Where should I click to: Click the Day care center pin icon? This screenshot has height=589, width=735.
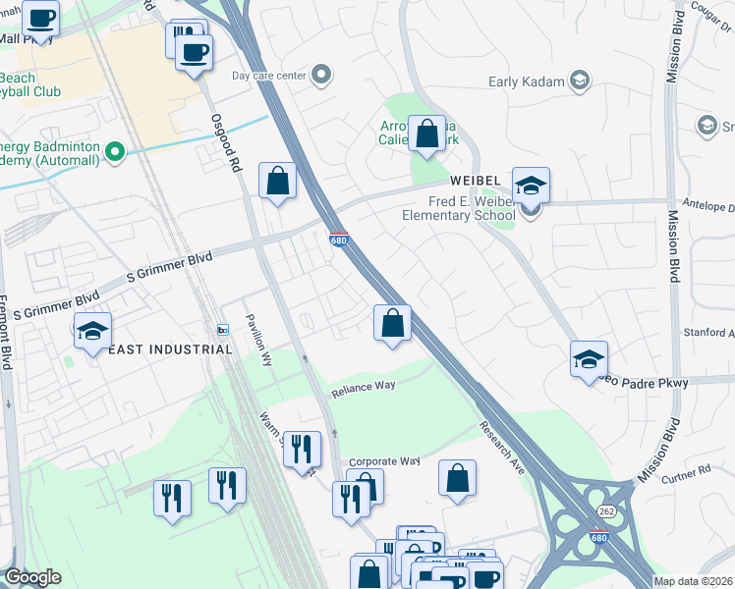320,75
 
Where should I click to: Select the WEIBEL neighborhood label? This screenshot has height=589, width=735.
478,182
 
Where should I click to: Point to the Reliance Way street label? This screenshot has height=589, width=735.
363,386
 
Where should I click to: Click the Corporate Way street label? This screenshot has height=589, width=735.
384,460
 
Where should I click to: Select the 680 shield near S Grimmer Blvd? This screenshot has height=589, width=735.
337,239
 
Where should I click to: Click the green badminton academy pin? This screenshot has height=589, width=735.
115,151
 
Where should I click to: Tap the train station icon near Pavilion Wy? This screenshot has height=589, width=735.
223,330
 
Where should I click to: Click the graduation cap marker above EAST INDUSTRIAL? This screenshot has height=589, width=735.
92,332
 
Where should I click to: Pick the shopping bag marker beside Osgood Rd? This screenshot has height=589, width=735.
278,181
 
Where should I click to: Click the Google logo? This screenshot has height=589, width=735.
32,577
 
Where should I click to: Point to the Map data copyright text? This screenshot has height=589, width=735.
693,581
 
